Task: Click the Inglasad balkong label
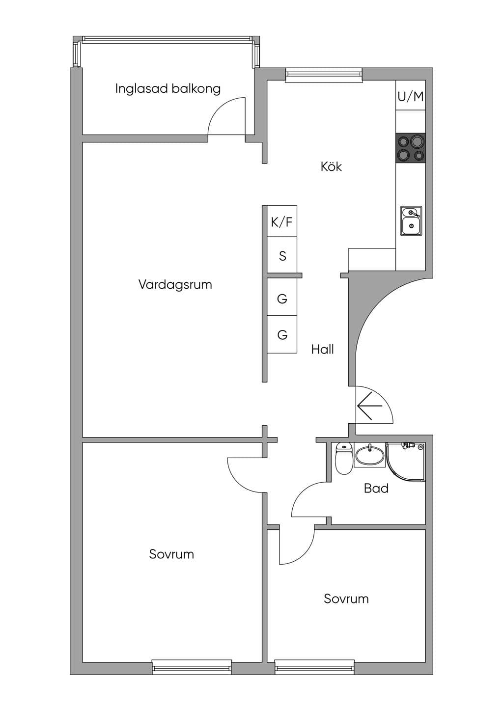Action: coord(168,88)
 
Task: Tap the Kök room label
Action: coord(331,166)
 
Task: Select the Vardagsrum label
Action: coord(175,284)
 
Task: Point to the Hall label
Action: coord(322,350)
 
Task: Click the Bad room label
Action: coord(376,488)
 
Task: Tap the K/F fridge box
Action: coord(282,221)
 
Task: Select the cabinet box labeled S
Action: coord(282,255)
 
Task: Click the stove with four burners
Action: coord(411,148)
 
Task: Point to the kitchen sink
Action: coord(411,220)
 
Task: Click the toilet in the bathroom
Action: coord(344,458)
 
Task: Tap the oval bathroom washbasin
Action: coord(369,456)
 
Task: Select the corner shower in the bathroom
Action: coord(406,463)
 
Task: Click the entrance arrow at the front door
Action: coord(369,406)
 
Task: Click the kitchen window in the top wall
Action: coord(324,75)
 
